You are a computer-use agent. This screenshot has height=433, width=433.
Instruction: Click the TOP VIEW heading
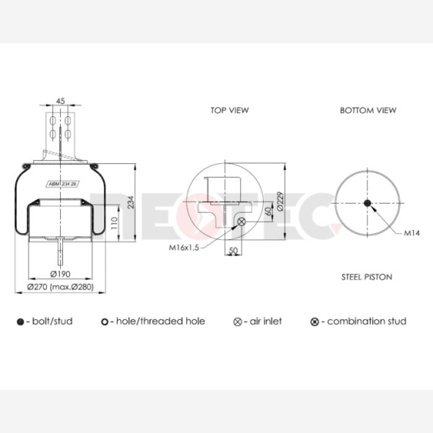(x=229, y=110)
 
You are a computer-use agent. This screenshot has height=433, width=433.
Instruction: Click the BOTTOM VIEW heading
(x=368, y=110)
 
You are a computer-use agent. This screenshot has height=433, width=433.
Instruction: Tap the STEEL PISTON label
(x=367, y=277)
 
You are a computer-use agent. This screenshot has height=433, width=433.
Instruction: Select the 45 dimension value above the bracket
(x=61, y=101)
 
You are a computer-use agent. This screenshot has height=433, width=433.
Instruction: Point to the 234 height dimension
(x=131, y=202)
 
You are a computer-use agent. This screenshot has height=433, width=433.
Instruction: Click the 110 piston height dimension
(x=114, y=223)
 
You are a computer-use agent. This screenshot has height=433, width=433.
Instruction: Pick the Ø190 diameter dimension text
(x=60, y=274)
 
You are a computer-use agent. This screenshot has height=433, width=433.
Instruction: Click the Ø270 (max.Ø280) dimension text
(x=61, y=287)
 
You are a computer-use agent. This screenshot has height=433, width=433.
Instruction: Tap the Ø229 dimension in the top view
(x=280, y=201)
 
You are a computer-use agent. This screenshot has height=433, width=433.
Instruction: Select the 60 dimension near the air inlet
(x=268, y=211)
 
